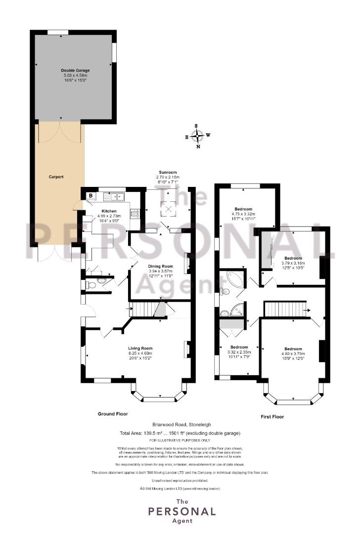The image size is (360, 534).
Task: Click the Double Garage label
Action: (75, 71)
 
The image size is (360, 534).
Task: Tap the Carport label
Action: (56, 177)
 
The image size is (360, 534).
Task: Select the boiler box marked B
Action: (90, 196)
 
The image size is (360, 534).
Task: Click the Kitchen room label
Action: (109, 211)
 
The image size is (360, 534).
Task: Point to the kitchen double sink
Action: (114, 196)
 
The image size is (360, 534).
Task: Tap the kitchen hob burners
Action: (135, 214)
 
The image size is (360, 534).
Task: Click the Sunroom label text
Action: (168, 173)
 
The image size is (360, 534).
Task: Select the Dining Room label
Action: (160, 267)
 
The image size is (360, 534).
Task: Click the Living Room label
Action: (140, 348)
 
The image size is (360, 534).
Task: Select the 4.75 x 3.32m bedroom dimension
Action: (243, 214)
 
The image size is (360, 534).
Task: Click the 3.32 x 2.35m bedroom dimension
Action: (239, 352)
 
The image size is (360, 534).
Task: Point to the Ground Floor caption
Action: (113, 414)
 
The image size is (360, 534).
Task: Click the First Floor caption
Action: (272, 416)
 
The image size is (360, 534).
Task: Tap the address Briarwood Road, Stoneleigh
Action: (181, 425)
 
